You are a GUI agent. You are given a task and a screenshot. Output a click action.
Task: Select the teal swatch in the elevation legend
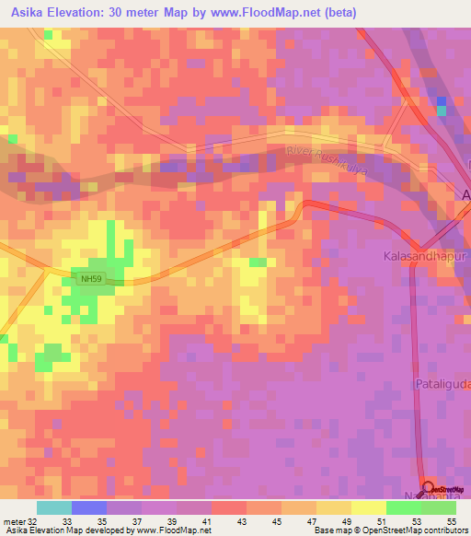[x=54, y=507]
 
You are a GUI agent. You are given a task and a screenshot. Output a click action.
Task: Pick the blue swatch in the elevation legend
[x=89, y=507]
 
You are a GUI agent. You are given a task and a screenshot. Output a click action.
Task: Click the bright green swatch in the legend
[x=404, y=507]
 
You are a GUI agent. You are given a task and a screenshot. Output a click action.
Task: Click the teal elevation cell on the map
[x=442, y=111]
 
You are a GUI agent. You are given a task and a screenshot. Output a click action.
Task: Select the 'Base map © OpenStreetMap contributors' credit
[x=389, y=530]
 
